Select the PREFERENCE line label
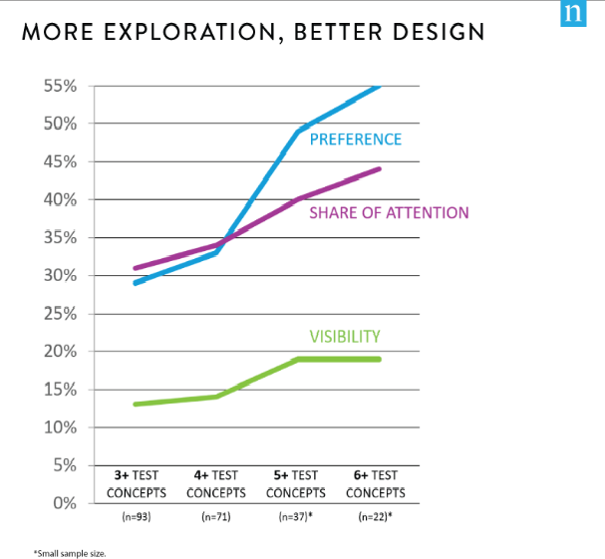click(x=355, y=140)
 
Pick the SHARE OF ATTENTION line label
click(x=389, y=212)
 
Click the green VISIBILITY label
click(x=344, y=337)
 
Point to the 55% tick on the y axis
click(x=61, y=87)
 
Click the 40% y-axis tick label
click(x=61, y=200)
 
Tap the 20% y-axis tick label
click(x=61, y=352)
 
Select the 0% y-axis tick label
click(x=65, y=503)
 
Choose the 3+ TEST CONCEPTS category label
click(x=137, y=484)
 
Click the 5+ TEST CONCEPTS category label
click(x=296, y=484)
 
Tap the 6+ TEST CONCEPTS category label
click(x=376, y=484)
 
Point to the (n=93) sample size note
click(x=137, y=517)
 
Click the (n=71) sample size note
click(x=216, y=517)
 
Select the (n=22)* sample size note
click(x=377, y=517)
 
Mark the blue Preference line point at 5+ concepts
click(x=298, y=132)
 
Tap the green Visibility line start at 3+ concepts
click(x=135, y=405)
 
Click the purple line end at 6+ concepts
click(x=380, y=169)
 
